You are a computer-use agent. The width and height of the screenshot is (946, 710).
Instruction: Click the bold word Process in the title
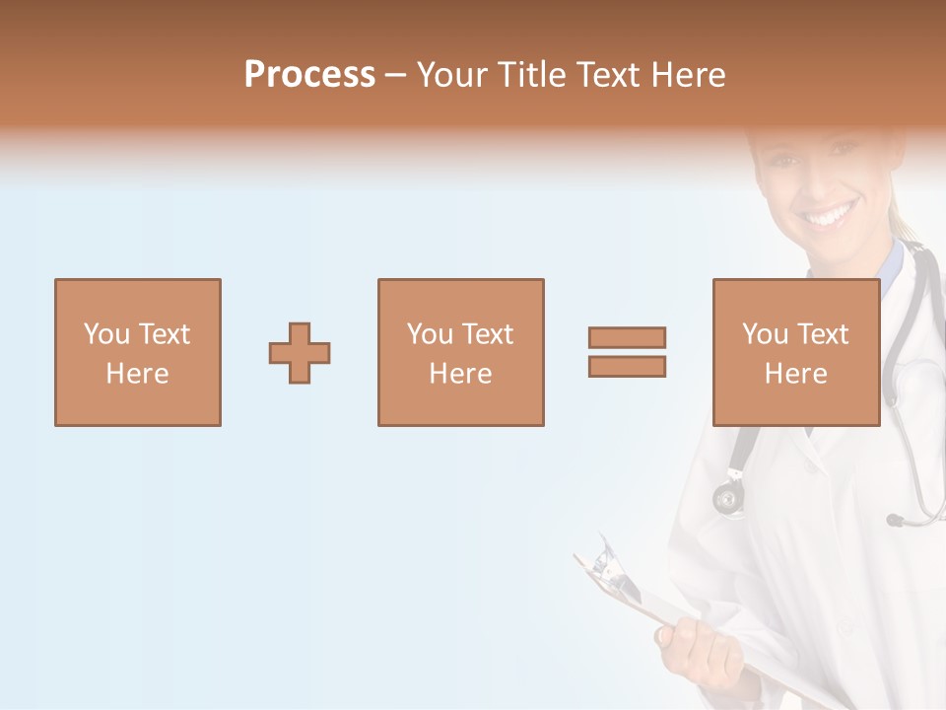pyautogui.click(x=309, y=75)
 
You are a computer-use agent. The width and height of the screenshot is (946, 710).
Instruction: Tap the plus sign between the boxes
pyautogui.click(x=300, y=353)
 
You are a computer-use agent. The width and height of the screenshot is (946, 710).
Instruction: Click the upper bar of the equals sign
pyautogui.click(x=627, y=337)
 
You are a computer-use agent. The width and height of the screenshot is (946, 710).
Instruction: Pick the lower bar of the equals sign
pyautogui.click(x=627, y=366)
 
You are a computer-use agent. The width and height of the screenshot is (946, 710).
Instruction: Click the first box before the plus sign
pyautogui.click(x=138, y=353)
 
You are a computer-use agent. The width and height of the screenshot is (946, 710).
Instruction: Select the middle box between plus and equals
pyautogui.click(x=460, y=353)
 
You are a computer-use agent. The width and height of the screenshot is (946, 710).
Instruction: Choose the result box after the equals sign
pyautogui.click(x=795, y=353)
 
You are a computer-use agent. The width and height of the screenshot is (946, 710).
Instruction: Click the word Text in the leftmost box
pyautogui.click(x=164, y=334)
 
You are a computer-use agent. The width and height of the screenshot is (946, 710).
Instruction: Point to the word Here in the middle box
pyautogui.click(x=460, y=374)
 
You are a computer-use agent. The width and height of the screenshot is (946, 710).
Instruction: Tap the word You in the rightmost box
pyautogui.click(x=766, y=334)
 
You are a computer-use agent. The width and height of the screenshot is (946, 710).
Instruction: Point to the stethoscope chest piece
pyautogui.click(x=729, y=496)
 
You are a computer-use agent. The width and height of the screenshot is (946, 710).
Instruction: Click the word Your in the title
pyautogui.click(x=455, y=75)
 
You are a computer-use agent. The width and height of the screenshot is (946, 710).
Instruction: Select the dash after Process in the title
pyautogui.click(x=396, y=75)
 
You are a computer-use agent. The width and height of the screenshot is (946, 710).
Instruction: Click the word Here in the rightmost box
pyautogui.click(x=795, y=374)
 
